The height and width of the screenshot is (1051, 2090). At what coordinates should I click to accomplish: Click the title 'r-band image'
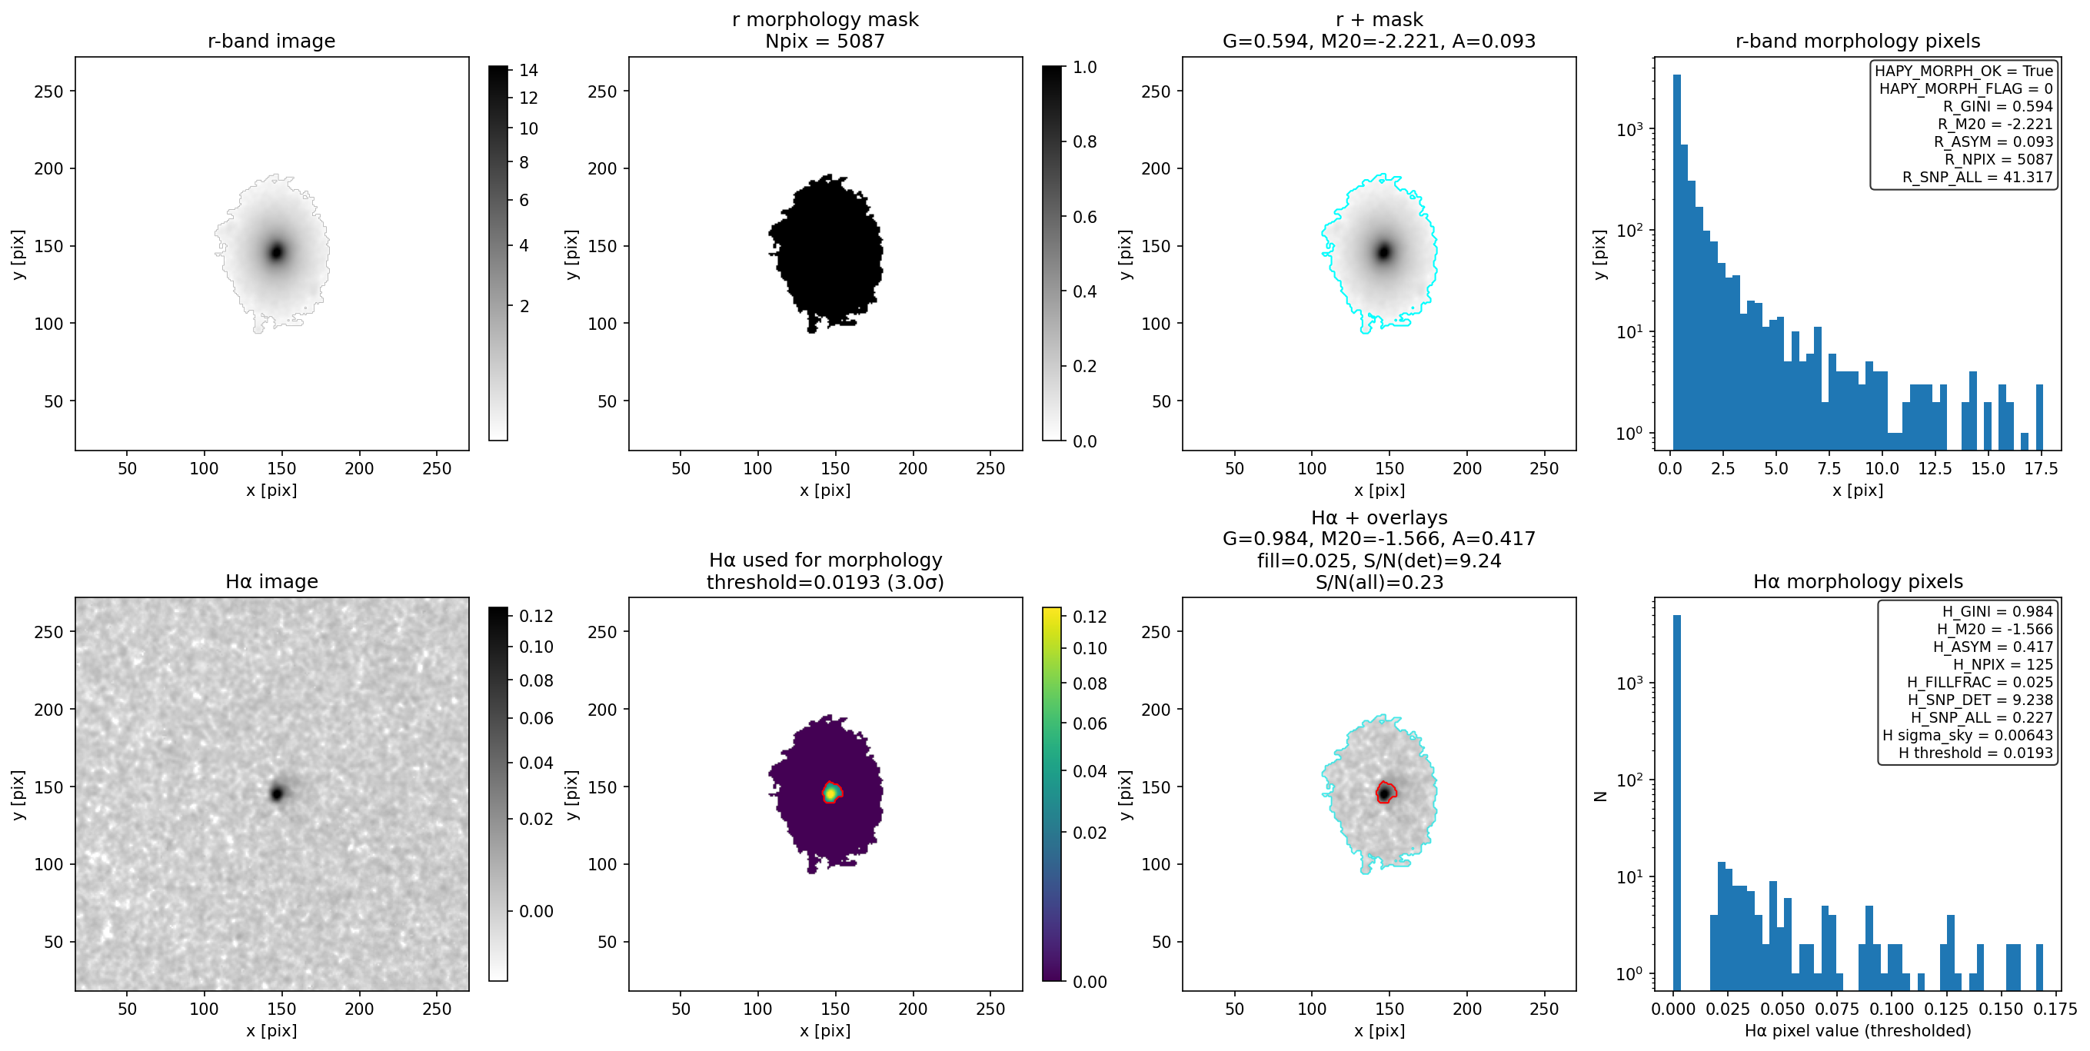tap(271, 41)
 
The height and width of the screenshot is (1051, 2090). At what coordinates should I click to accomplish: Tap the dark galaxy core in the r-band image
tap(277, 251)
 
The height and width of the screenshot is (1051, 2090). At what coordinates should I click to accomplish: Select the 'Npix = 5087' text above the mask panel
tap(824, 41)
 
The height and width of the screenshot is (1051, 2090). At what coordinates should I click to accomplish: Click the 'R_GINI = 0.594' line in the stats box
tap(1997, 106)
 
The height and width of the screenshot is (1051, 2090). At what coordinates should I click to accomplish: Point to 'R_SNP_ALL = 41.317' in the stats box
tap(1977, 177)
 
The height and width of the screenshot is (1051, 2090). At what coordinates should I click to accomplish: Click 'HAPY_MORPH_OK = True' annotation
tap(1963, 71)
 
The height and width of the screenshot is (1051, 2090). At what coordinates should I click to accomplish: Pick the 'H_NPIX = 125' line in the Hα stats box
tap(2002, 664)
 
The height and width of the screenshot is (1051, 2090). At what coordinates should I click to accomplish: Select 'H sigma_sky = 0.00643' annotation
tap(1968, 735)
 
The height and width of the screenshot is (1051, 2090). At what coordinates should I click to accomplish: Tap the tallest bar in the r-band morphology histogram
tap(1677, 262)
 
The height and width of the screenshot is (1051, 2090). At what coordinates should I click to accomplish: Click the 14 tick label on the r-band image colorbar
tap(529, 71)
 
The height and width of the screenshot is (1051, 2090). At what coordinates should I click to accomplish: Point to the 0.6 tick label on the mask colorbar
tap(1085, 217)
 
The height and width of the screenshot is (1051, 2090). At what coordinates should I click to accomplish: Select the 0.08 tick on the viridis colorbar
tap(1090, 683)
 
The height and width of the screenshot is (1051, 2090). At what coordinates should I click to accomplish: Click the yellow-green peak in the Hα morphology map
tap(830, 793)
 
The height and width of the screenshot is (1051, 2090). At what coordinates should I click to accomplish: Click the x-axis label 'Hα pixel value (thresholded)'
tap(1857, 1031)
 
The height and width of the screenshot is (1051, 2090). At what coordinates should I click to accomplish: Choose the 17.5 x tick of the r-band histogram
tap(2040, 469)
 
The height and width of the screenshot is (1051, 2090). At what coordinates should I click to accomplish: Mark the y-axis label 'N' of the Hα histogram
tap(1600, 797)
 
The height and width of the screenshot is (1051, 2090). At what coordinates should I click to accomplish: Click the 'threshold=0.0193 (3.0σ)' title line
tap(824, 581)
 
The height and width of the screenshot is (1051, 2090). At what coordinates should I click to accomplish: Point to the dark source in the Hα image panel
tap(277, 793)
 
